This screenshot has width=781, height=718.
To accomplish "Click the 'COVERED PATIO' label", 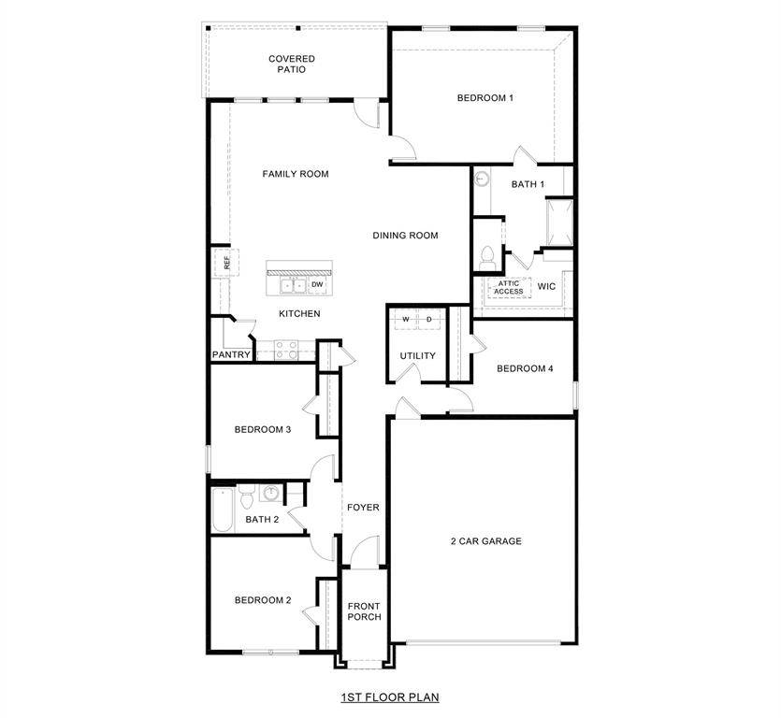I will click(x=292, y=64).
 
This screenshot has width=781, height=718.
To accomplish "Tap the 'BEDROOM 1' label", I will click(x=485, y=98).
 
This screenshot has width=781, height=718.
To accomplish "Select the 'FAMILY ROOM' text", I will click(x=296, y=174).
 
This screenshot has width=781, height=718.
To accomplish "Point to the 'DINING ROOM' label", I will click(x=405, y=236).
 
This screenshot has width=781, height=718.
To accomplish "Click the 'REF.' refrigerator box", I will click(x=224, y=263).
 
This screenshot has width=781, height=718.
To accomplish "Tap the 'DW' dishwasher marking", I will click(x=317, y=284).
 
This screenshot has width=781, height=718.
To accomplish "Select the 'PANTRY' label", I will click(x=231, y=355).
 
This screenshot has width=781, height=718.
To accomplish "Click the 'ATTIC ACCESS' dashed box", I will click(x=509, y=287).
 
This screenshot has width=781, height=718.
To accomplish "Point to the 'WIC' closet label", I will click(x=546, y=286).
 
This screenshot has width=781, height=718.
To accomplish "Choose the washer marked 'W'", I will click(x=406, y=320).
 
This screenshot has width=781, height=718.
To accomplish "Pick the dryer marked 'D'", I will click(x=429, y=320).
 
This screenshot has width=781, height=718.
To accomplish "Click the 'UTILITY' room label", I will click(x=417, y=356).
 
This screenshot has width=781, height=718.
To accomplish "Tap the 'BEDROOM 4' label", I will click(x=525, y=368).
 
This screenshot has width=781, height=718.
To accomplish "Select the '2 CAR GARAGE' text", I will click(x=485, y=541).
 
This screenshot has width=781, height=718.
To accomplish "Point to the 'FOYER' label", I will click(x=363, y=508).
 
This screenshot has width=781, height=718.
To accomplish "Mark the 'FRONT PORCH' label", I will click(x=363, y=611).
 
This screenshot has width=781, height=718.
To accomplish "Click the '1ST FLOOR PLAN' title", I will click(x=390, y=696).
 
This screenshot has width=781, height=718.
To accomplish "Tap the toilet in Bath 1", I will click(x=485, y=255).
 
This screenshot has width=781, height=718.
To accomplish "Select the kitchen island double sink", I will click(x=293, y=284).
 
